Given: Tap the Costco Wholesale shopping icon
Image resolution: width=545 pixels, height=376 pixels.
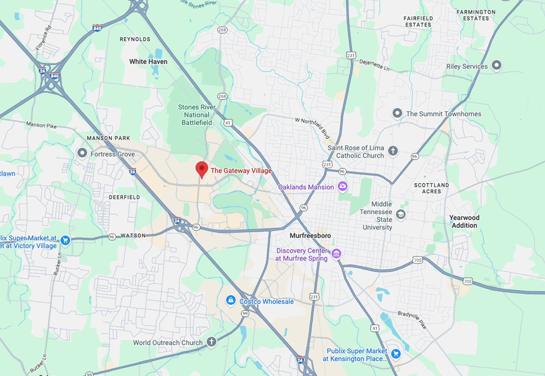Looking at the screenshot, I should coord(231,300).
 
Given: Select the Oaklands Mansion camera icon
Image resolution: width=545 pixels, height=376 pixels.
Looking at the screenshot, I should coord(343,186).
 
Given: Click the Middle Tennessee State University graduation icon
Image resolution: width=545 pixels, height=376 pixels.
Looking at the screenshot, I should coord(400,215).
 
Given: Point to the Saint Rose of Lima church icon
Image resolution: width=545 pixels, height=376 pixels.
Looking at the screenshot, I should coord(393,151).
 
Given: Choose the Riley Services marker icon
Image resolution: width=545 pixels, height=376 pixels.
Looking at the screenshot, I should coord(496,65).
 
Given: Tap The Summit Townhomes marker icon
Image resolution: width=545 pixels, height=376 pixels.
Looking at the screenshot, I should coord(397,113).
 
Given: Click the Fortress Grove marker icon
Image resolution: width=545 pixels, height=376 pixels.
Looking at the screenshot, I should coord(82,153).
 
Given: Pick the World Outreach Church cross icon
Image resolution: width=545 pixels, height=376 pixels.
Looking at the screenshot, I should coord(211,342).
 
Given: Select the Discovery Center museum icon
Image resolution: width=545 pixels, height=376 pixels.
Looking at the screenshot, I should coord(336,254).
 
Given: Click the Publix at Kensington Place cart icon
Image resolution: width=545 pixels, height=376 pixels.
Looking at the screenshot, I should coord(396,354).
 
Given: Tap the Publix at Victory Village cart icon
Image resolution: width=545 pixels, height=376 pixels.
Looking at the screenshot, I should coord(65,240).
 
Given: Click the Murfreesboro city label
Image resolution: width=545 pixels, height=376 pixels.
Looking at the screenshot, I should coord(310,235).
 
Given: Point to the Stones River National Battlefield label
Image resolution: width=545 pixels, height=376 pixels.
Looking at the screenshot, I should coord(197,115).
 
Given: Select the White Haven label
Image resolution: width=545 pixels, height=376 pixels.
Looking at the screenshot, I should coord(148,61).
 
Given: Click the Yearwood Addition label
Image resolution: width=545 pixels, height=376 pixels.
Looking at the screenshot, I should coord(464,221).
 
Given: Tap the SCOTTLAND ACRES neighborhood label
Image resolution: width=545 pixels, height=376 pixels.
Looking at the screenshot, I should coord(431,188).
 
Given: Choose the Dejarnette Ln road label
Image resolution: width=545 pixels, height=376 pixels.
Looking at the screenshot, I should coord(374,65).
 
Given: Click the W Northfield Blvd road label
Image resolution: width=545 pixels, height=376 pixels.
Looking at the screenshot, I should coord(313,128).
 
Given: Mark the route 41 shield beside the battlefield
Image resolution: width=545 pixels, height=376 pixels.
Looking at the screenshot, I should coord(227,123).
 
